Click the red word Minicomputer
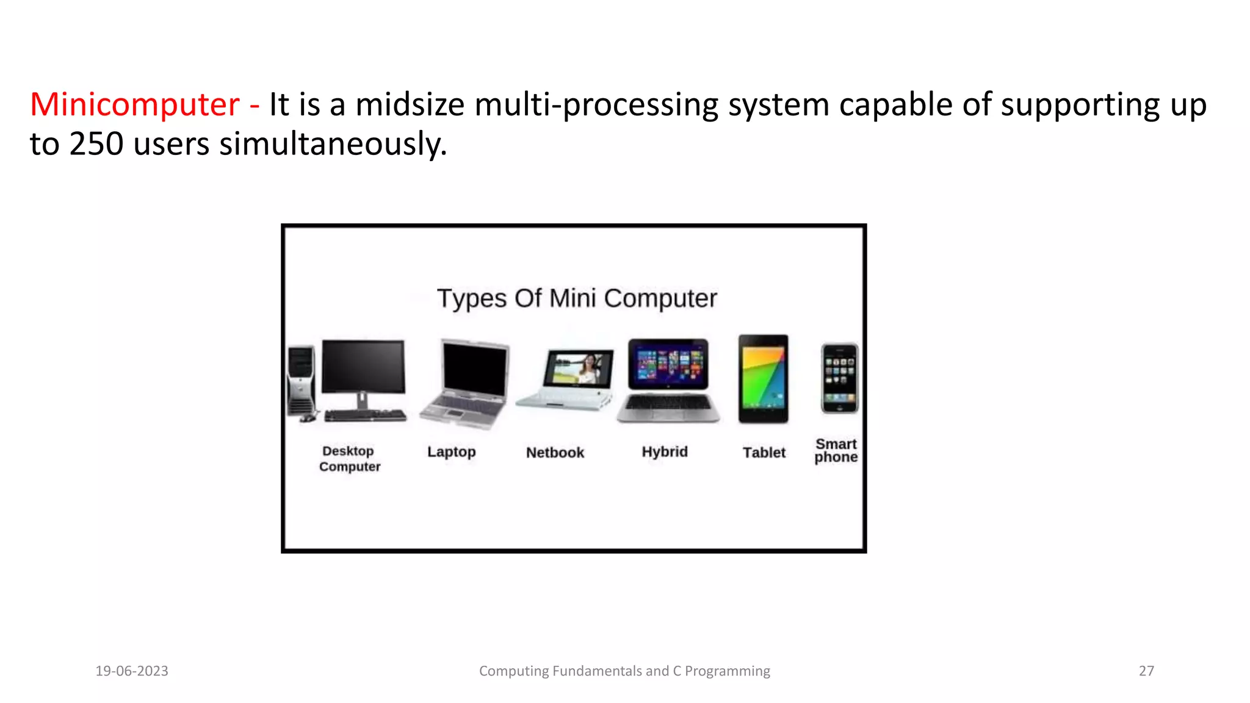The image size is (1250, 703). click(x=134, y=105)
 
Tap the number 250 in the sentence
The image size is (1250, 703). click(x=96, y=145)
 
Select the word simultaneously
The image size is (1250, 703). click(x=333, y=145)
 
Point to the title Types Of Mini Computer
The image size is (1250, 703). click(x=577, y=298)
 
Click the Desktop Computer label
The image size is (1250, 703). click(x=349, y=459)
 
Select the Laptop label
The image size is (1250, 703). click(x=451, y=452)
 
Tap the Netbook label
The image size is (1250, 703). click(x=555, y=453)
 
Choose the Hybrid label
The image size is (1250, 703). click(x=665, y=452)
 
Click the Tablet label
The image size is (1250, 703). click(x=764, y=453)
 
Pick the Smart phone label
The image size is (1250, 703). click(x=836, y=450)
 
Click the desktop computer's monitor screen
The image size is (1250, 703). click(x=363, y=366)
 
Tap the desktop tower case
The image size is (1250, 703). click(x=301, y=381)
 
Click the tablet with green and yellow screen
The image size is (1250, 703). click(x=763, y=378)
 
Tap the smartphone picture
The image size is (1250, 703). click(x=839, y=378)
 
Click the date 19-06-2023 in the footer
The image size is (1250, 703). click(x=132, y=671)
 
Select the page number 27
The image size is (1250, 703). click(x=1146, y=671)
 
